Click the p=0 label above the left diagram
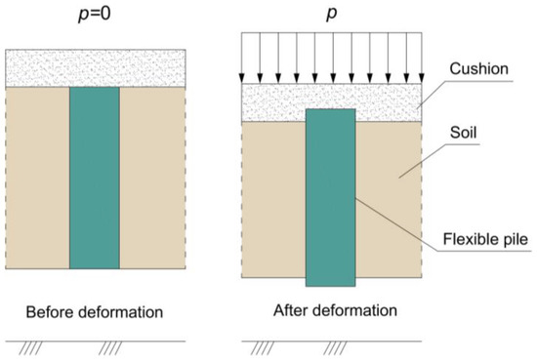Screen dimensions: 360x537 (95, 17)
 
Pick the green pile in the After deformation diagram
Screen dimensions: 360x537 (330, 195)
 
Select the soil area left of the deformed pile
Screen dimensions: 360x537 (273, 195)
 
